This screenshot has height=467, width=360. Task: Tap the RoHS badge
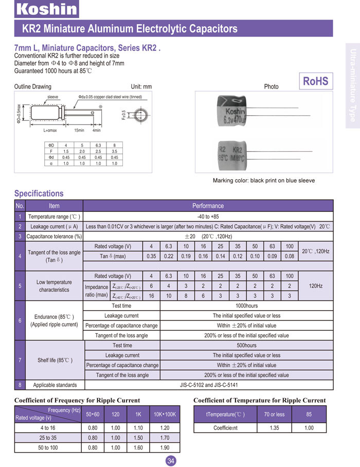point(315,81)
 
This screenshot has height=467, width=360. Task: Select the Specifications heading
point(39,193)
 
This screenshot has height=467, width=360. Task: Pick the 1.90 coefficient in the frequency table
point(165,447)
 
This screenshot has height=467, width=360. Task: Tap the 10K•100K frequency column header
point(165,414)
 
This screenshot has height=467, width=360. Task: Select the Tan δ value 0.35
point(151,256)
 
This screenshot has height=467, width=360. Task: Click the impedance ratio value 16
point(151,296)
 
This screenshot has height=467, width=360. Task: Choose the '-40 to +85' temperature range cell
point(208,217)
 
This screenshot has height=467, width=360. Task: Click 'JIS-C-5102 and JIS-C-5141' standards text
point(208,385)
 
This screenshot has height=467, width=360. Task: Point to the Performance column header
point(208,206)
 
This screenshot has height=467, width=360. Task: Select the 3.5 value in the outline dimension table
point(114,152)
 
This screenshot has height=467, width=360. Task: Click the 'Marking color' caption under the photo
point(263,181)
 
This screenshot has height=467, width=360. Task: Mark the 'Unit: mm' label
point(141,86)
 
